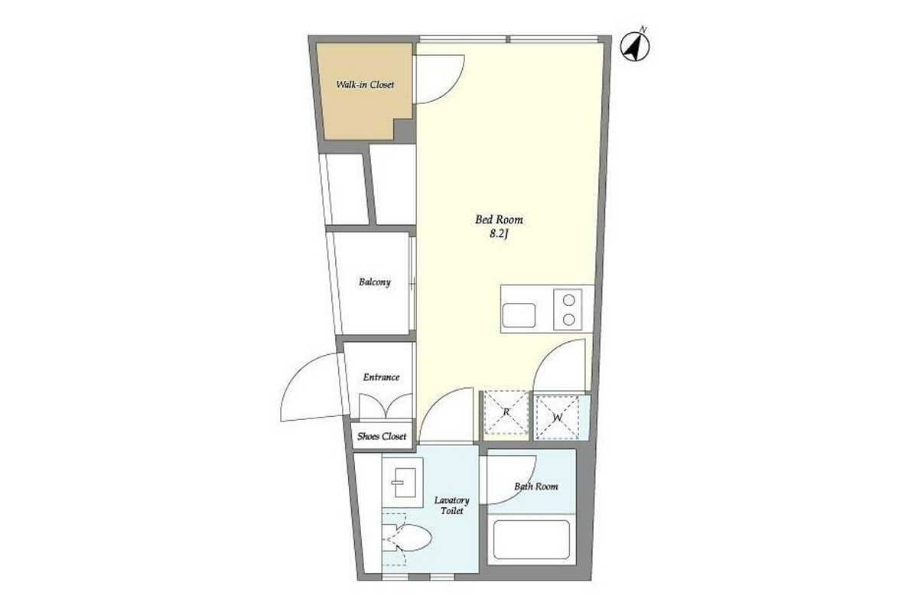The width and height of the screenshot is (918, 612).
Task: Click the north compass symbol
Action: [x=635, y=47]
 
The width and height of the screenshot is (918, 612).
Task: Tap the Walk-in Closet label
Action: [x=365, y=85]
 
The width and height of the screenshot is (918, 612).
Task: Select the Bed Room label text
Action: [x=499, y=220]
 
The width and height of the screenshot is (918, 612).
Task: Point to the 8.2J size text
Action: [x=499, y=234]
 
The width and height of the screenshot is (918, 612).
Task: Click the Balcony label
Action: [x=375, y=282]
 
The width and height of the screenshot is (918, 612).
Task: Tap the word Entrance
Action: [x=381, y=377]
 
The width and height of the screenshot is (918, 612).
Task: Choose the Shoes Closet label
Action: [x=382, y=436]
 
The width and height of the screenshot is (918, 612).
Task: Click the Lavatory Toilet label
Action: [x=451, y=506]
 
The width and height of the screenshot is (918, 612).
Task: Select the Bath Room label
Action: [x=536, y=487]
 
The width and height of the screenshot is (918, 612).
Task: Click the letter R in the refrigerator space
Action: [x=506, y=412]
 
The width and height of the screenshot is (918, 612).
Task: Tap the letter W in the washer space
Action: [x=558, y=418]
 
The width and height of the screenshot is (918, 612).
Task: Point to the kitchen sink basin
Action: [x=519, y=315]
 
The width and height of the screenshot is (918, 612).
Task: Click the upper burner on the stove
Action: [x=568, y=301]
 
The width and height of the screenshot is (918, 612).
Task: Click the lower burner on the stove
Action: [x=568, y=320]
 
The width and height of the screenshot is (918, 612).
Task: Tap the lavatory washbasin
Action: [x=402, y=483]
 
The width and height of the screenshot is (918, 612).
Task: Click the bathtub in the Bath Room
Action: [x=532, y=539]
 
